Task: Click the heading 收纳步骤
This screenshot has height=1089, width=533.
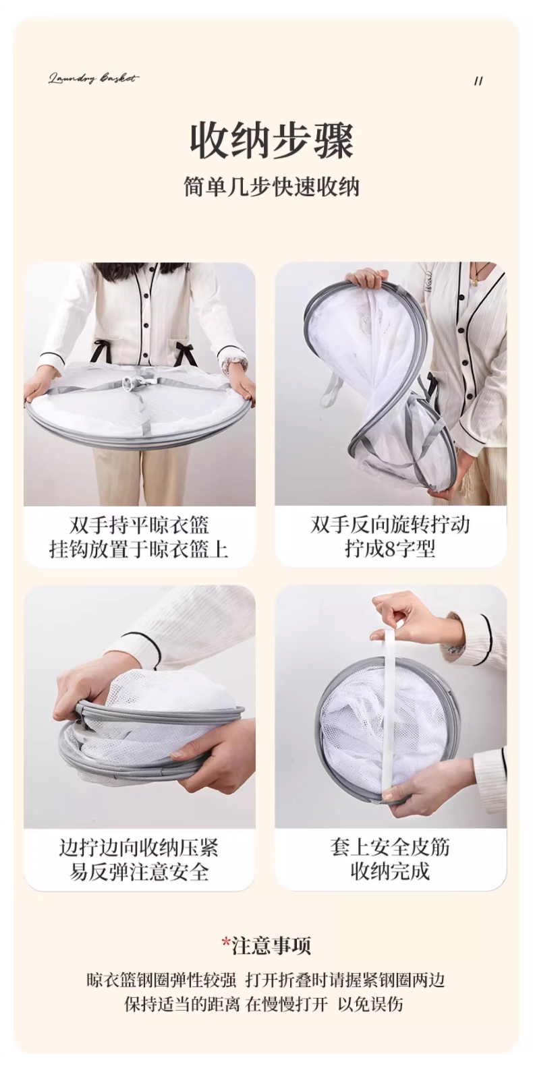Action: [x=271, y=142]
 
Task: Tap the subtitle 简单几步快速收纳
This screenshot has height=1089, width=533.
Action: [x=271, y=187]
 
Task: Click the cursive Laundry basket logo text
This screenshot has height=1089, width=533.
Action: [x=93, y=79]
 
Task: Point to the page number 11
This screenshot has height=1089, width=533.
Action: [x=478, y=81]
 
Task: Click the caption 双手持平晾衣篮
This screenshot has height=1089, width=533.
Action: [x=139, y=525]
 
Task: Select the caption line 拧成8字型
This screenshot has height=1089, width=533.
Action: [x=390, y=548]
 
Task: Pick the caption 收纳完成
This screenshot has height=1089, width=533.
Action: [x=390, y=871]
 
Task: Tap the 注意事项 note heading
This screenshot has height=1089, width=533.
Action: [x=271, y=945]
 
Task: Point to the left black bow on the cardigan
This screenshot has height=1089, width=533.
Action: [x=103, y=353]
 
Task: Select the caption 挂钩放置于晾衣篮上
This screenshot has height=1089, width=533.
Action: [x=139, y=550]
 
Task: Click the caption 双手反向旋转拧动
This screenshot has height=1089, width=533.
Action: [x=390, y=525]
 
